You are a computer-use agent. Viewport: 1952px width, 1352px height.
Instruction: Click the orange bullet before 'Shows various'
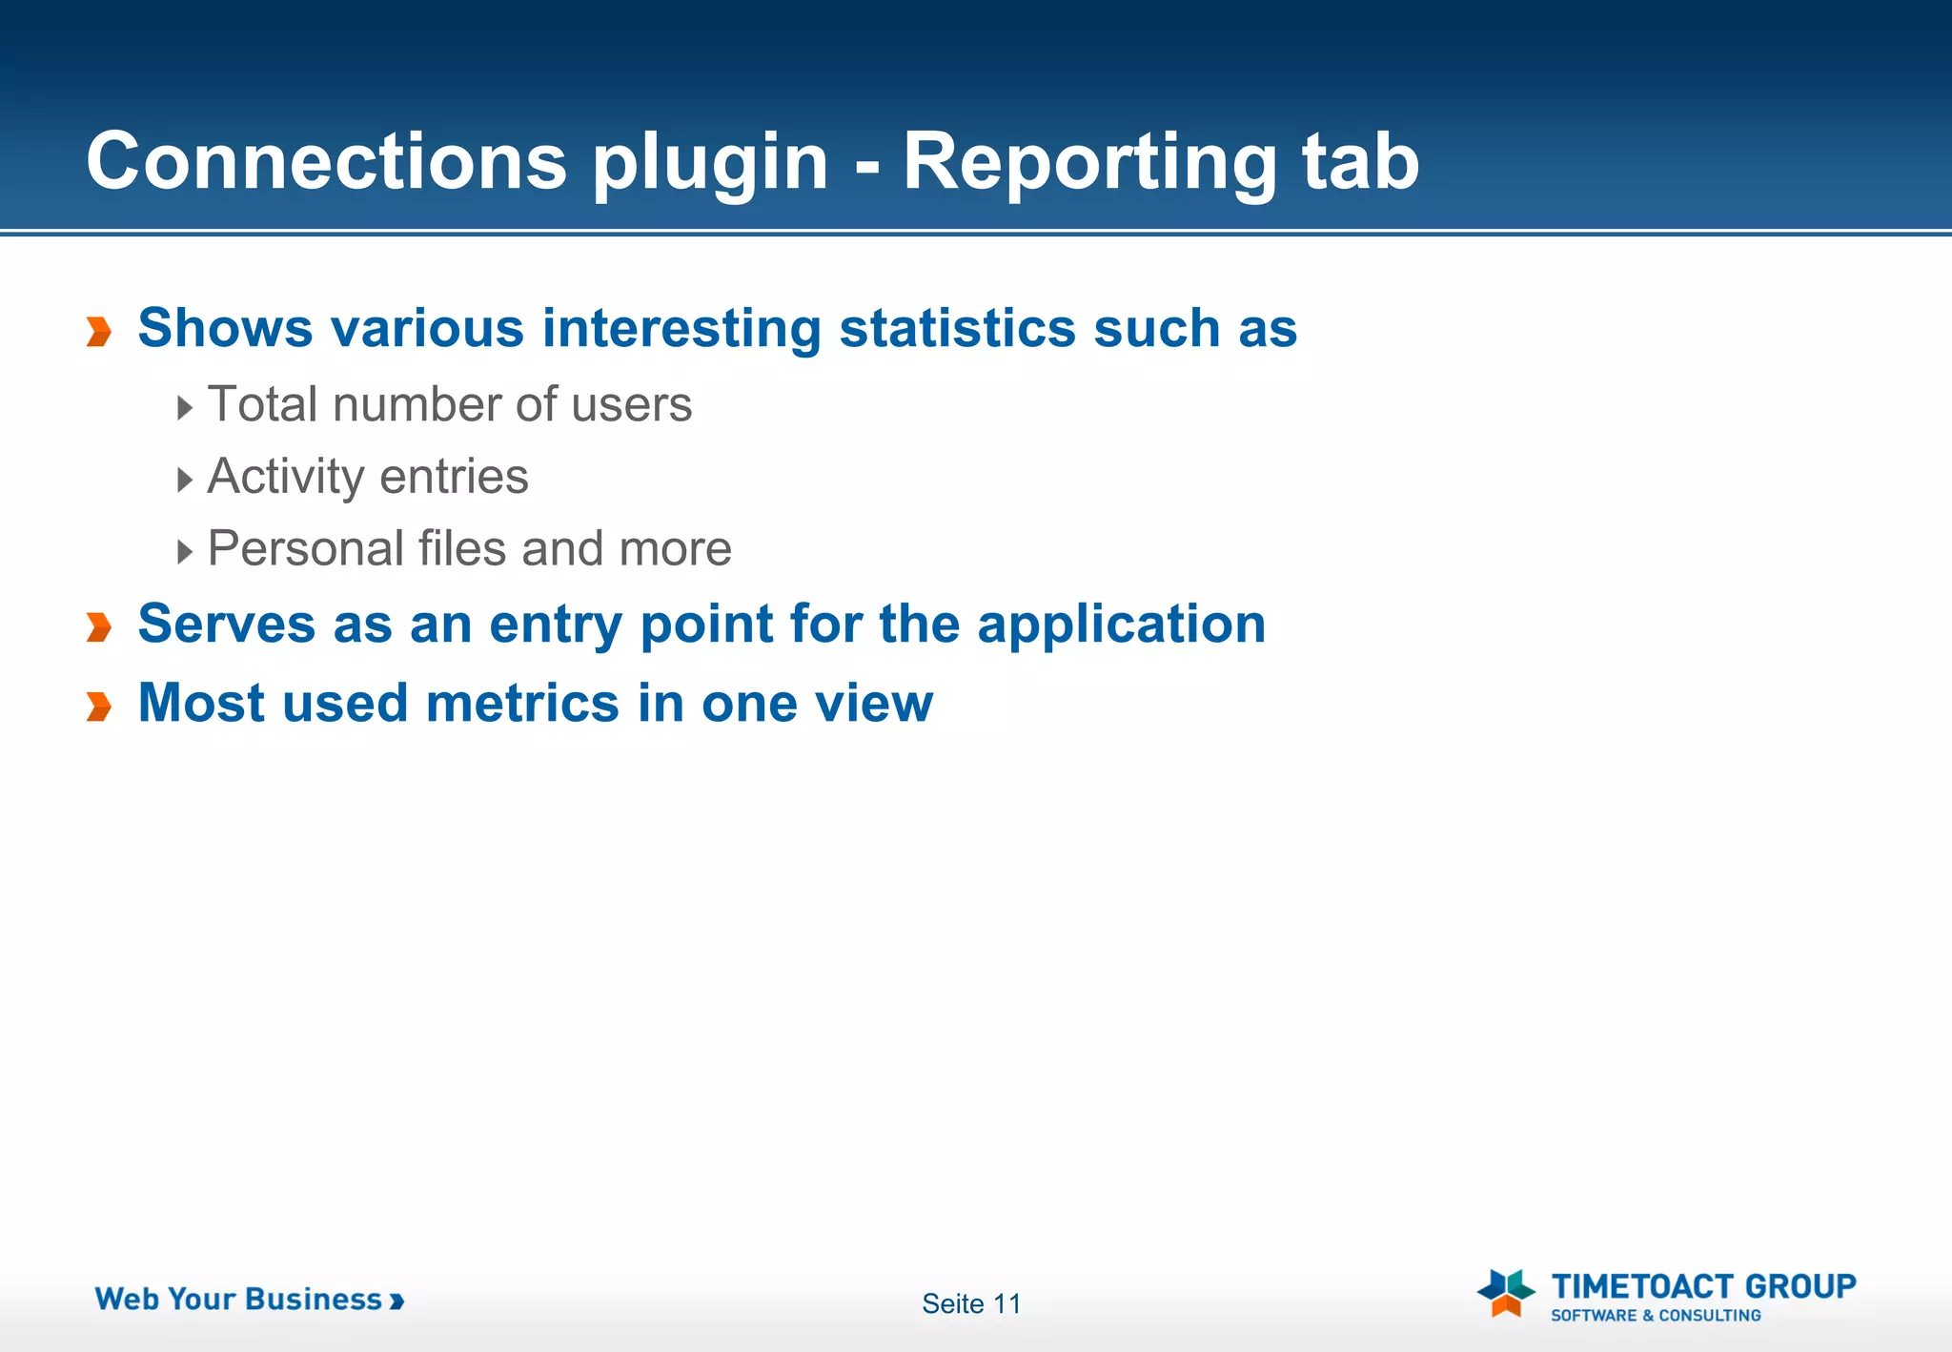[99, 331]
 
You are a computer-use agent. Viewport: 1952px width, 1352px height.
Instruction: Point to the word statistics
[956, 328]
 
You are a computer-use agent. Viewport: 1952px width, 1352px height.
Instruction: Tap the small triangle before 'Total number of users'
[185, 408]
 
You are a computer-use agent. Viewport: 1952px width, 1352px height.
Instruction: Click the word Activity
[282, 478]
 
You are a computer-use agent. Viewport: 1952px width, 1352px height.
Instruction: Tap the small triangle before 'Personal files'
[185, 551]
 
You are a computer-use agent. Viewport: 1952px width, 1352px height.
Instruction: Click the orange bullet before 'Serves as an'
[99, 627]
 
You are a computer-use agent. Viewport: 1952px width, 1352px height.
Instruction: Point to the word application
[1121, 626]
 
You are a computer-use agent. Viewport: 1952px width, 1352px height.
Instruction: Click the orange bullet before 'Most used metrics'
[99, 707]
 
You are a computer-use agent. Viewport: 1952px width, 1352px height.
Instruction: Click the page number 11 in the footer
[1006, 1303]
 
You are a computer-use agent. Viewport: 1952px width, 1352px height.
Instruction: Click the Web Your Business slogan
[249, 1299]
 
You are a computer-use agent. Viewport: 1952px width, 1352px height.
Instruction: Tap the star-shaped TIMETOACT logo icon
[1506, 1292]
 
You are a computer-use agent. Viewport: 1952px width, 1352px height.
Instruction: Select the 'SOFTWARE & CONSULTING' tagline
[1656, 1316]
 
